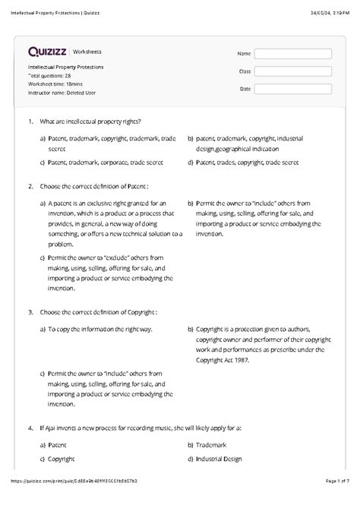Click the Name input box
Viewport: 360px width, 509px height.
click(292, 54)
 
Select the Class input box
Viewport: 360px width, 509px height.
click(292, 71)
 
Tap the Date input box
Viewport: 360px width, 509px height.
click(292, 89)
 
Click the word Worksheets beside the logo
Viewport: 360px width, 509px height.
click(87, 52)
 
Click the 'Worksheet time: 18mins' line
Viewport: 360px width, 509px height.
click(56, 84)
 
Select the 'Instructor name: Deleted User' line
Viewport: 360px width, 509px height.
click(62, 93)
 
